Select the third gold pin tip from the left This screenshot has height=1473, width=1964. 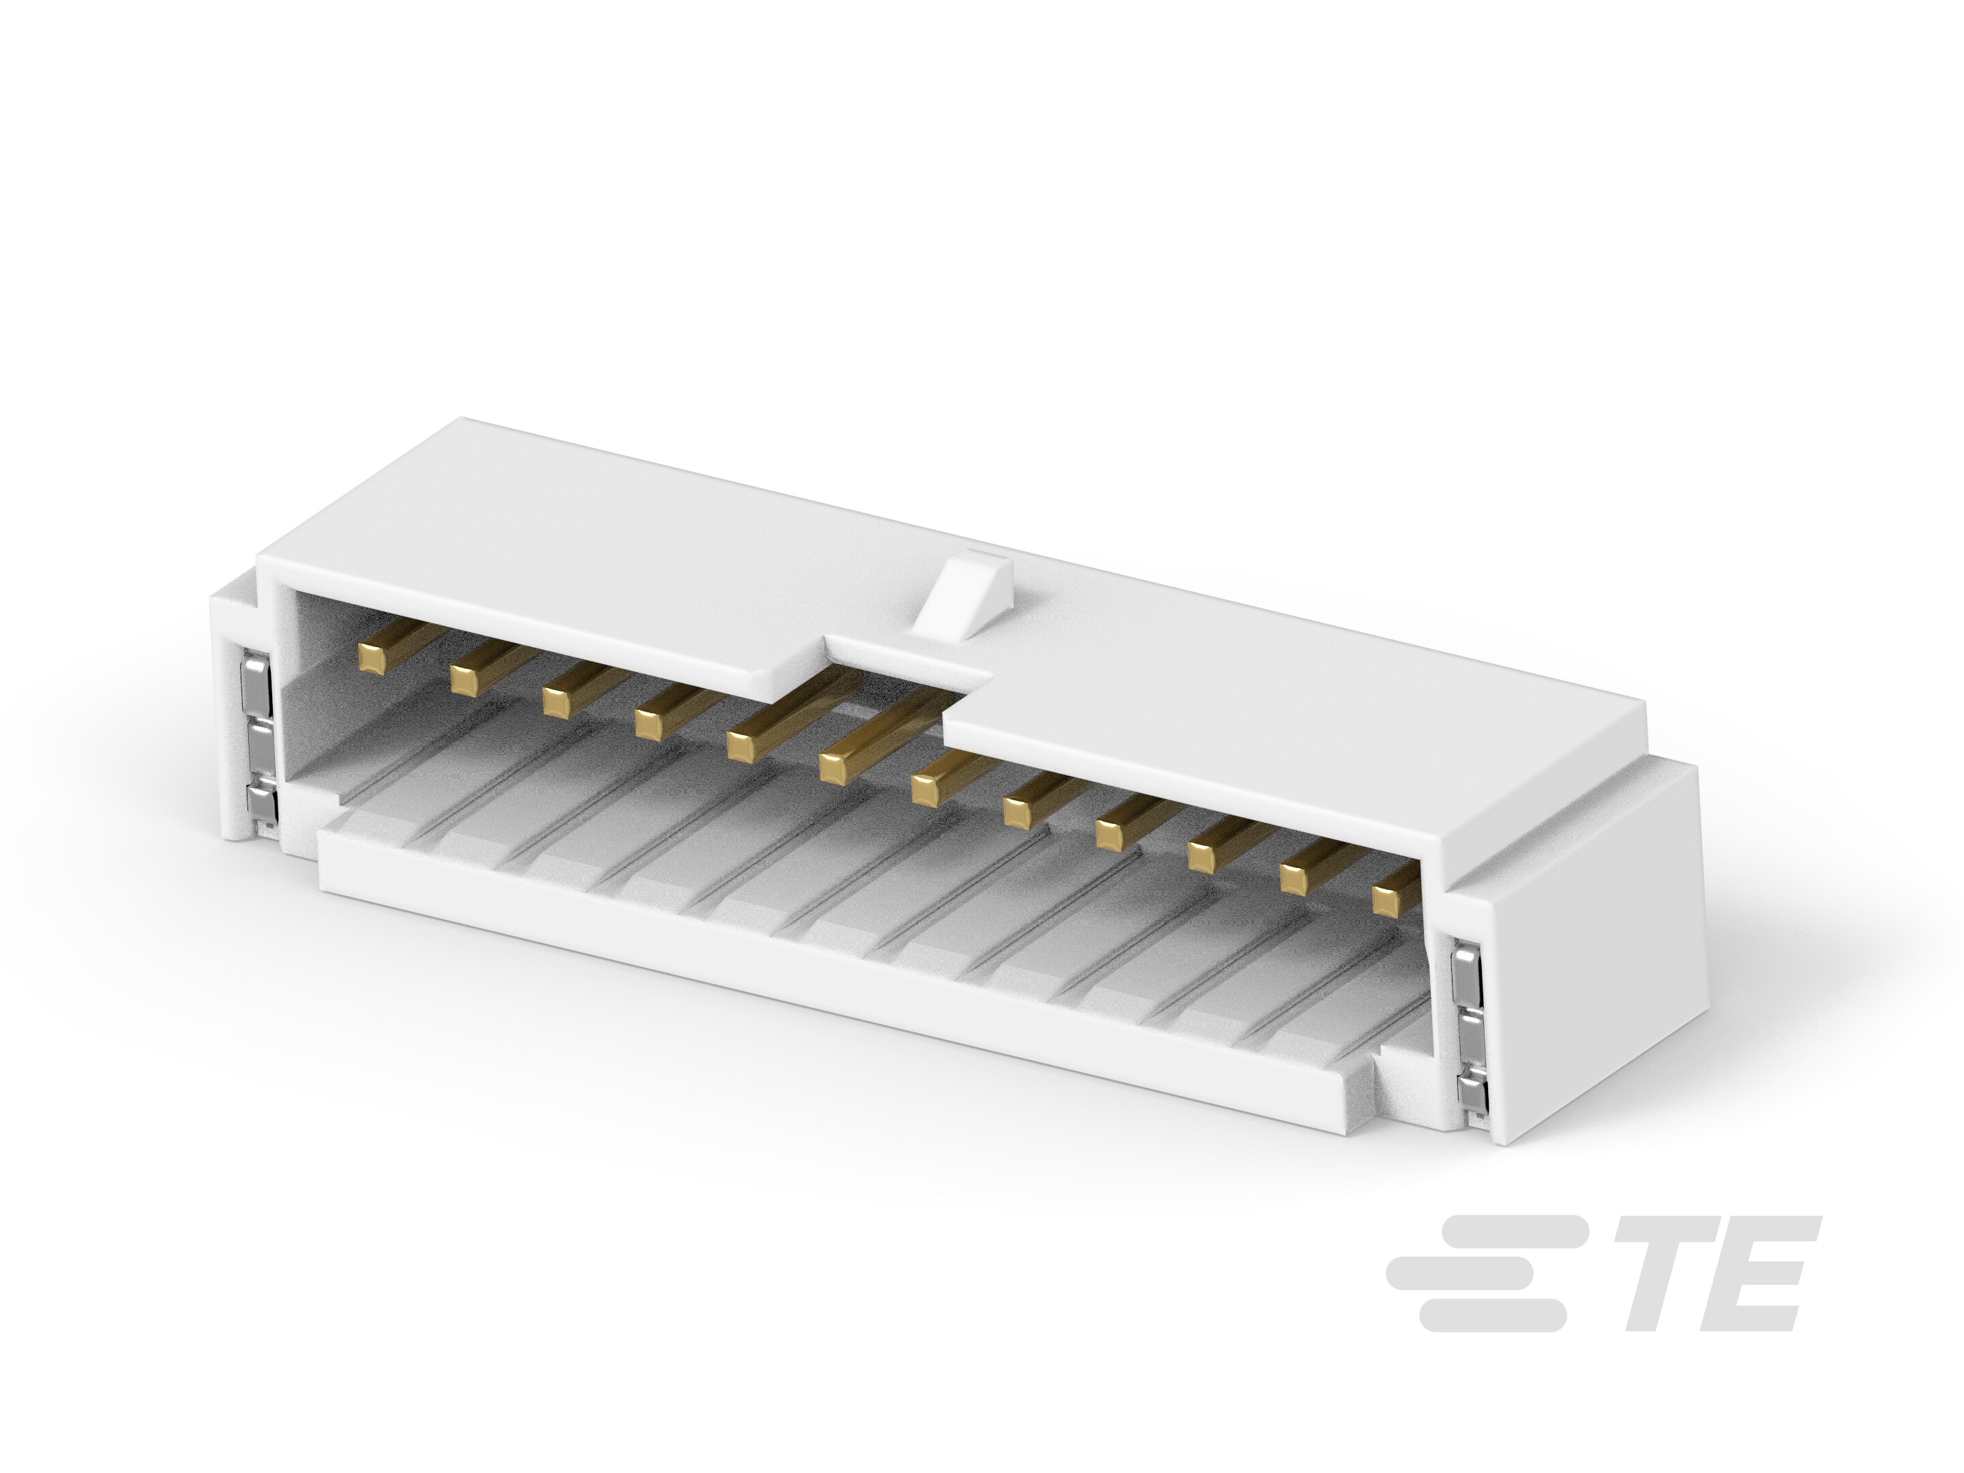[556, 702]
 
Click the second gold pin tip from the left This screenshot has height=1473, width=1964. [462, 679]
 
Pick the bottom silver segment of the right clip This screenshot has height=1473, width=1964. [1471, 1099]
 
